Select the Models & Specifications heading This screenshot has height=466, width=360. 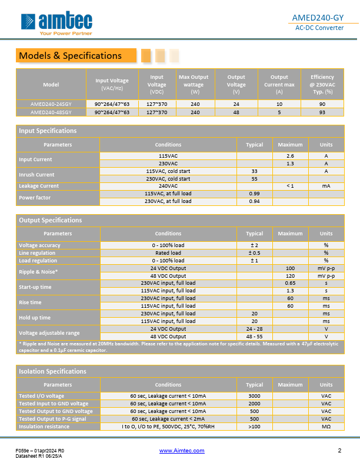click(x=71, y=56)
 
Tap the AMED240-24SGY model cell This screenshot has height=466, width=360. click(x=51, y=104)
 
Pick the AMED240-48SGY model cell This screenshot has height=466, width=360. click(x=51, y=111)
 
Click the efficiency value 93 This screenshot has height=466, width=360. click(x=322, y=111)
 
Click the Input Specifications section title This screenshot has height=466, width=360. click(x=48, y=131)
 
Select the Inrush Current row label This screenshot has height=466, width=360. click(x=36, y=175)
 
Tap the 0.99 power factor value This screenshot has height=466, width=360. click(x=254, y=194)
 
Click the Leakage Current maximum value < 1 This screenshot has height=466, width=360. click(x=290, y=186)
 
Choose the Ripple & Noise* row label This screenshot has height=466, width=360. click(x=38, y=272)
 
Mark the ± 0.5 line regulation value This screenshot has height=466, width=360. click(x=254, y=253)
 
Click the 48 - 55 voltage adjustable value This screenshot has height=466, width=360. click(x=254, y=337)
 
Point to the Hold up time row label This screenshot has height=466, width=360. click(x=35, y=318)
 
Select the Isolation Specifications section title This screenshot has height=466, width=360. click(x=52, y=371)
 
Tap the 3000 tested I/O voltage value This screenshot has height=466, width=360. click(x=254, y=396)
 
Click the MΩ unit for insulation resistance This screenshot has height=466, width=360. click(x=326, y=427)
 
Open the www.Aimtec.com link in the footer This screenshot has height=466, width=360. click(x=182, y=451)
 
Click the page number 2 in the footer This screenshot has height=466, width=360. click(x=339, y=451)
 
